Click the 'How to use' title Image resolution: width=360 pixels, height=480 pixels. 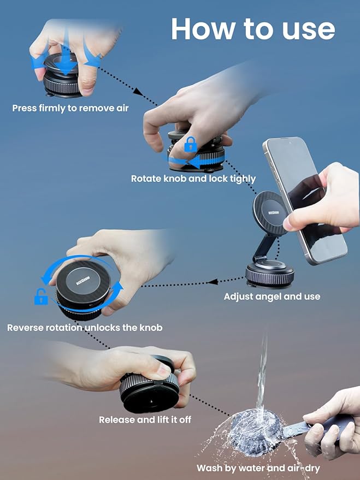252,28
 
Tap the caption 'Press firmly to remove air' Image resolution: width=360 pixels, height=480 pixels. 70,108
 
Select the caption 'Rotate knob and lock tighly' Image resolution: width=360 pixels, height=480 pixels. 193,179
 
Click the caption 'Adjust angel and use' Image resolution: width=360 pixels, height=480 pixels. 272,297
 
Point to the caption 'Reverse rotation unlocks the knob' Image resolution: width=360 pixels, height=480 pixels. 85,328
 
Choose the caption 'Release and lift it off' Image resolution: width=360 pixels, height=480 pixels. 145,420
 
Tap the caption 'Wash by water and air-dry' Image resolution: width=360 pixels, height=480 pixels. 258,468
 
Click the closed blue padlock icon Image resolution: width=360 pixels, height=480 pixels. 190,144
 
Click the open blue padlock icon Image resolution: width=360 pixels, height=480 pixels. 41,298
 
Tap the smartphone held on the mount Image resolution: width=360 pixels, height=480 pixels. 306,197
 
